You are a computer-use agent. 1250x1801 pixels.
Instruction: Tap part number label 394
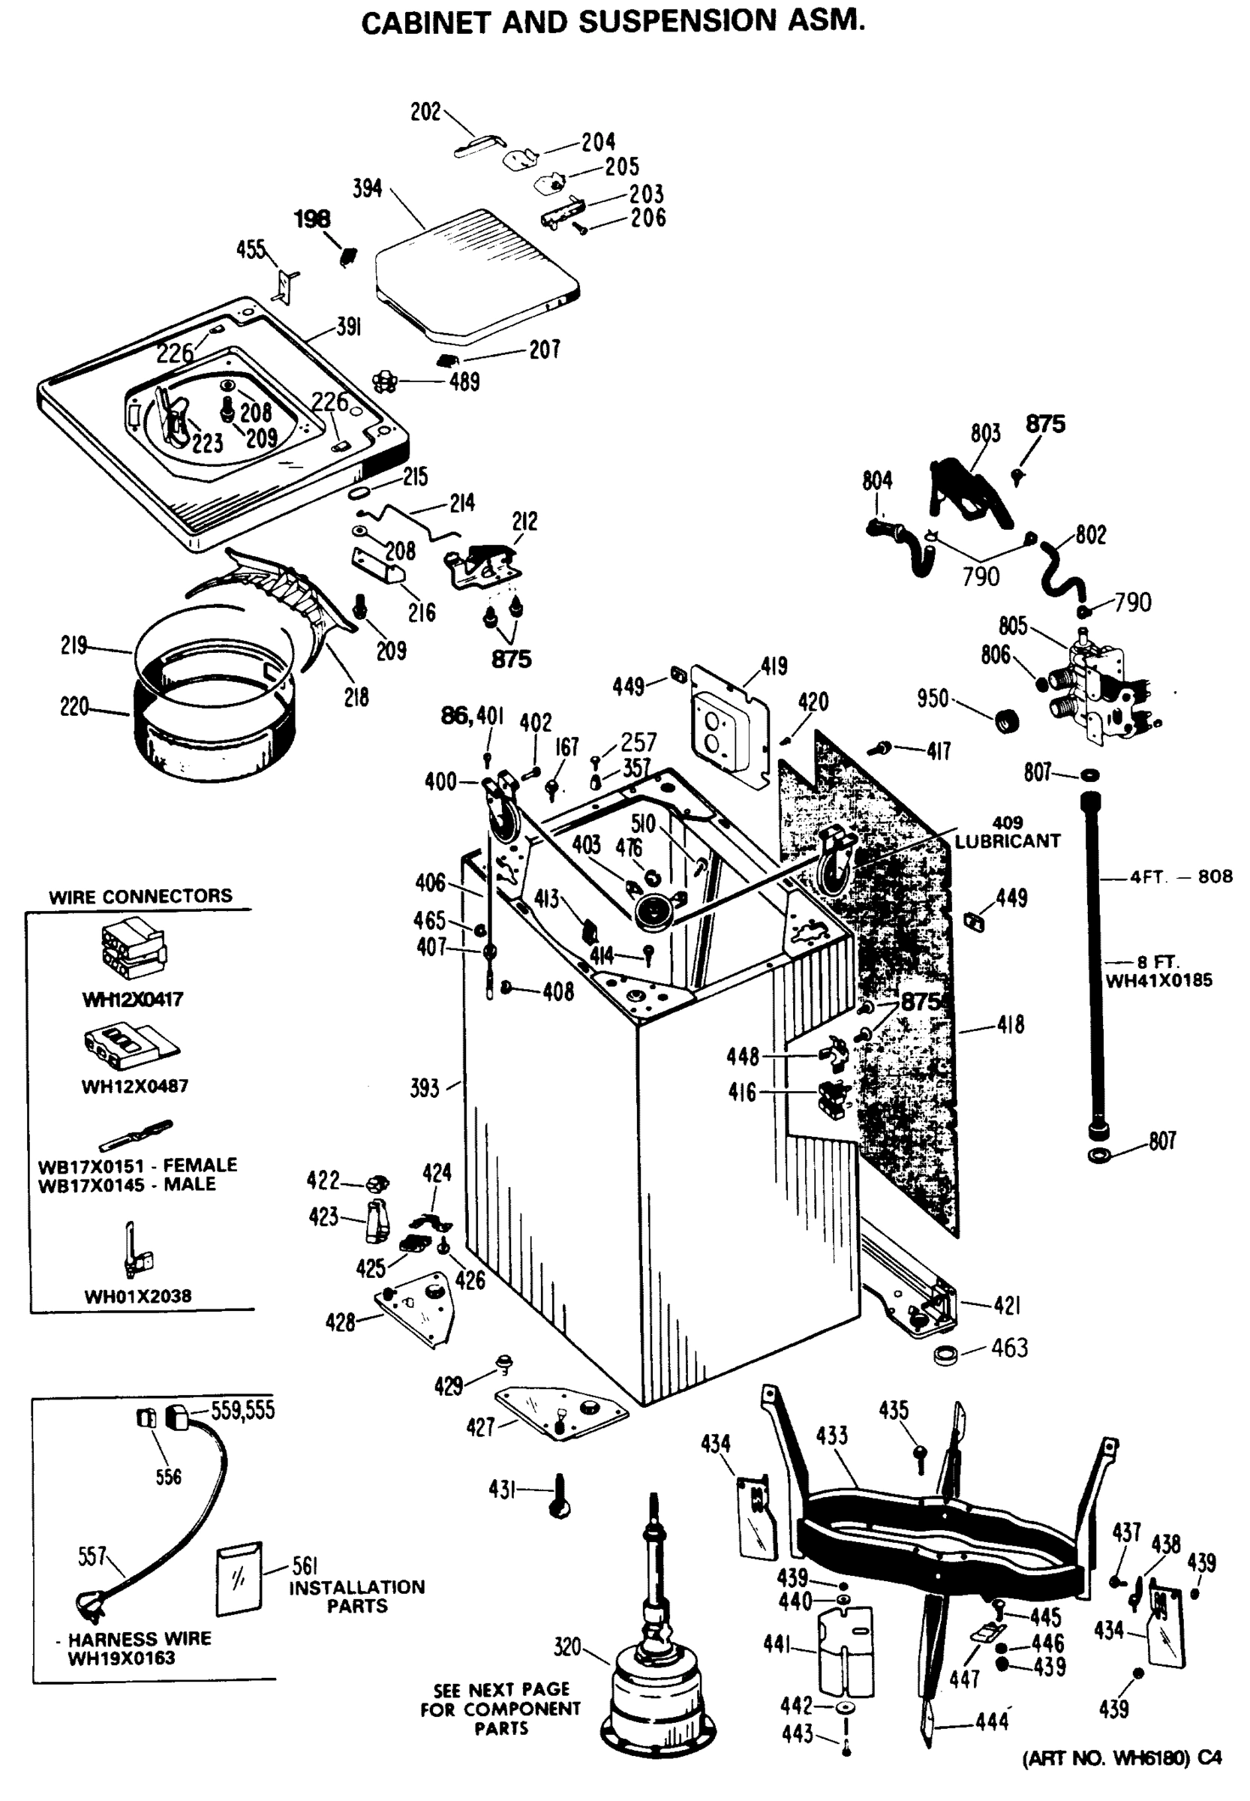click(368, 189)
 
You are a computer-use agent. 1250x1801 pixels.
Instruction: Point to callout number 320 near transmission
click(567, 1646)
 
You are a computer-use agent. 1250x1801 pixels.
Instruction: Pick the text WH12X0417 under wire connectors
click(133, 1000)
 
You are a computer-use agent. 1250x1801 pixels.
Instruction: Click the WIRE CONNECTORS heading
click(141, 896)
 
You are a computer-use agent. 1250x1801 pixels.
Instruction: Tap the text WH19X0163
click(122, 1658)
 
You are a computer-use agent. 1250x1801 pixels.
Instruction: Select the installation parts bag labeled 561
click(239, 1580)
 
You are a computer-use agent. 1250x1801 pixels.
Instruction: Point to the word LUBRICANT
click(1007, 841)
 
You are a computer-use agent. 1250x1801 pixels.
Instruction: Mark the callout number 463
click(1010, 1348)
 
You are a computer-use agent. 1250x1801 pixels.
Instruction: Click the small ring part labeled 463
click(948, 1355)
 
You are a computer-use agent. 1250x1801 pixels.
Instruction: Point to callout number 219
click(74, 646)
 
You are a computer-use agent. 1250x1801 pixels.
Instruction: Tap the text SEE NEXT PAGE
click(501, 1690)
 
